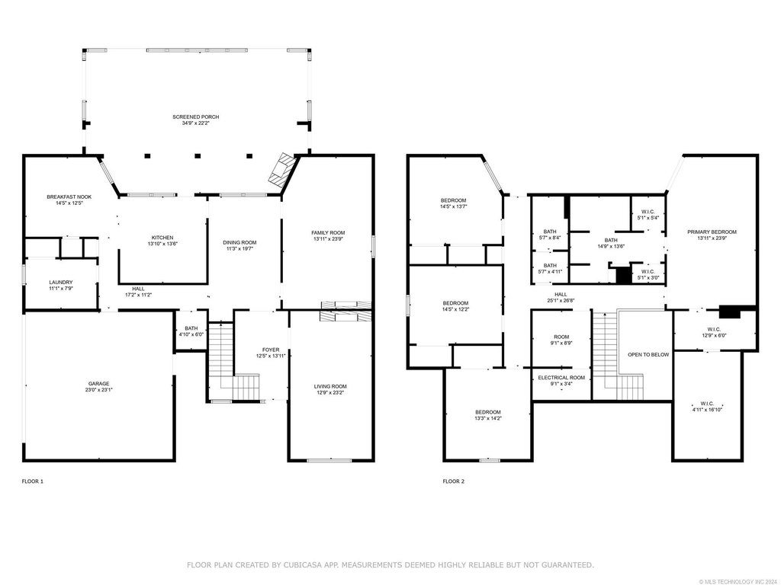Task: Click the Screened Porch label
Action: [x=196, y=117]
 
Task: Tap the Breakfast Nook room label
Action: [x=69, y=197]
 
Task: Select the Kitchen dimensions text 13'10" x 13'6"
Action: [x=162, y=244]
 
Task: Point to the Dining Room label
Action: [x=239, y=243]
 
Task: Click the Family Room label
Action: [x=328, y=233]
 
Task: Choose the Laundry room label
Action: [x=61, y=283]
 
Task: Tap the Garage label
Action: [x=98, y=384]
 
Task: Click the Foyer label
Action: [x=271, y=350]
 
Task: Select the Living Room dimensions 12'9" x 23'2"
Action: [x=330, y=392]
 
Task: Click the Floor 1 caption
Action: [x=33, y=481]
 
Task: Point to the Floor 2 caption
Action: [x=454, y=481]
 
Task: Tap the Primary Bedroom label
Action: [x=712, y=232]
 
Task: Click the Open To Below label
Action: [x=648, y=355]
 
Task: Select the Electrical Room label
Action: [x=561, y=378]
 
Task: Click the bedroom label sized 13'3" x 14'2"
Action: [x=488, y=412]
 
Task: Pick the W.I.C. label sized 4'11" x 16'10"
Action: [x=707, y=404]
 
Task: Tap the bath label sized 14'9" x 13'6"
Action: [x=611, y=240]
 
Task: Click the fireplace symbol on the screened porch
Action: [x=279, y=170]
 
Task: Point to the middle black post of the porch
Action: [x=198, y=155]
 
